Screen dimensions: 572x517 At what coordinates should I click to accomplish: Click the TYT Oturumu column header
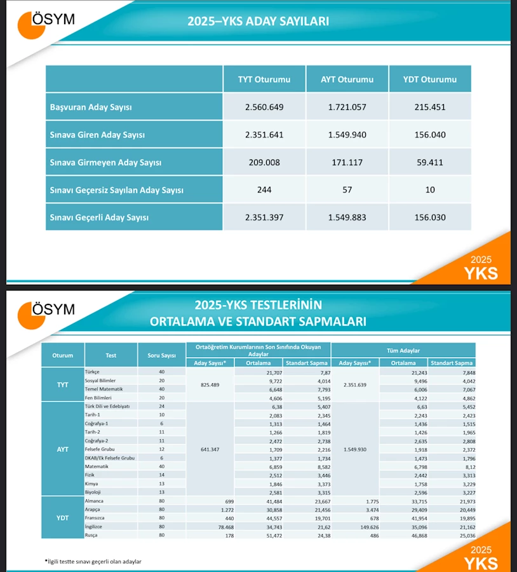coord(264,79)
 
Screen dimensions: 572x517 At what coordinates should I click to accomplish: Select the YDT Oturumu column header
coord(430,79)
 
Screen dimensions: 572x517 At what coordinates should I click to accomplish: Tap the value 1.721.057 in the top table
coord(347,107)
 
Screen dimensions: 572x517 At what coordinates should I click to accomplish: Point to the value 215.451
coord(430,107)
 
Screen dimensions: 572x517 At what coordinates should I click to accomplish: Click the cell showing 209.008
coord(264,162)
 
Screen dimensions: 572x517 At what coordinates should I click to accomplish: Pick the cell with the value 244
coord(264,190)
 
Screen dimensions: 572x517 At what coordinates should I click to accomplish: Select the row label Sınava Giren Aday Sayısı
coord(97,135)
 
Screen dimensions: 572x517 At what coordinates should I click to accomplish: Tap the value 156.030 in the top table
coord(430,217)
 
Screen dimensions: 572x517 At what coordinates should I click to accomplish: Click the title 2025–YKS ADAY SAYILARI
coord(258,21)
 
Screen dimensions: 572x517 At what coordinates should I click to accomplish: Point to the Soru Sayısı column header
coord(161,355)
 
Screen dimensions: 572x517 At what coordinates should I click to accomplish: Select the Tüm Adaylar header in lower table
coord(405,350)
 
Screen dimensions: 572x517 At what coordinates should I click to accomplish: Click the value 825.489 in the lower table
coord(210,384)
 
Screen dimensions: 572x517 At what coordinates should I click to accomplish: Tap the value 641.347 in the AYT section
coord(210,449)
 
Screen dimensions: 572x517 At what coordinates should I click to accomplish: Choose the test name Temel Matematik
coord(104,388)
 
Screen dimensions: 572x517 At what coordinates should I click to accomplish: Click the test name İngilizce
coord(95,527)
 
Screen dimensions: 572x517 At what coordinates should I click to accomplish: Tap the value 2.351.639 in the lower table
coord(355,384)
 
